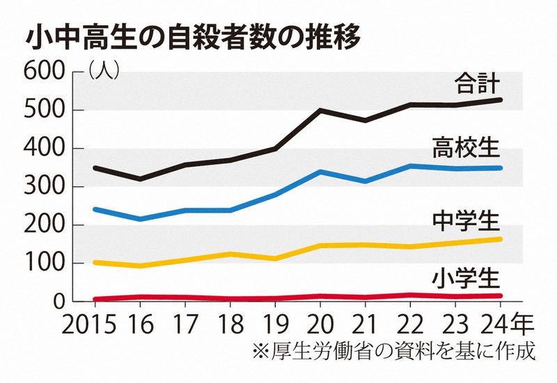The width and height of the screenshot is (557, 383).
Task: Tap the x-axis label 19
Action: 274,325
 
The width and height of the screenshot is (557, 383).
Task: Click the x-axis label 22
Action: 410,325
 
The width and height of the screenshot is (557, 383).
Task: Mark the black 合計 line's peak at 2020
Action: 320,110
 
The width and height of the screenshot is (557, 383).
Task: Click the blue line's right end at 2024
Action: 501,168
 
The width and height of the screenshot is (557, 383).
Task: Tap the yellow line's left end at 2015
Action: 95,263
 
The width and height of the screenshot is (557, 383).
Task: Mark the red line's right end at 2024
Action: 501,296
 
